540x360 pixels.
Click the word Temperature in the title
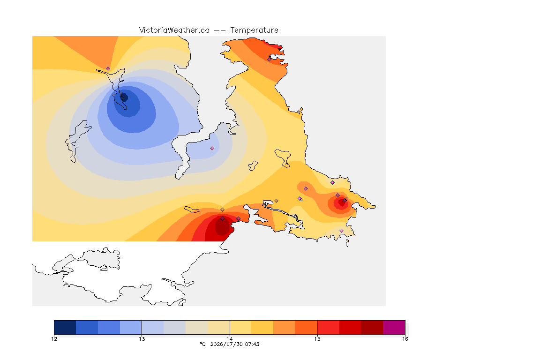pos(254,30)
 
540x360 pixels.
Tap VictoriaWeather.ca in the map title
pos(174,30)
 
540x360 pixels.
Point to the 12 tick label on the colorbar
pos(54,339)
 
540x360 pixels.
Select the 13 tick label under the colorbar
pos(142,339)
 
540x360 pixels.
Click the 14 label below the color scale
pos(230,339)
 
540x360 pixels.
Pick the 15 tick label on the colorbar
pos(317,339)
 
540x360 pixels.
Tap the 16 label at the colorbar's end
pos(405,339)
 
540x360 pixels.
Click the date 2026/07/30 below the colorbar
pos(226,344)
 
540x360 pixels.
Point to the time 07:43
pos(252,344)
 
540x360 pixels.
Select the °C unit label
pos(203,344)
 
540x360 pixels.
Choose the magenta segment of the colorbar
pos(394,327)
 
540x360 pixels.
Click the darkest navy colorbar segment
pos(65,327)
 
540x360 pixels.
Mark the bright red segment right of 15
pos(328,327)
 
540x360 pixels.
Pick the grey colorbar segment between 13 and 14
pos(174,327)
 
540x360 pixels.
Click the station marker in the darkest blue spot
pos(122,94)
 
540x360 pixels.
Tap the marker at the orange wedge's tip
pos(108,68)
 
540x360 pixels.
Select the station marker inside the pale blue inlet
pos(212,148)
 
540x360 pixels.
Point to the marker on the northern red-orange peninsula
pos(269,59)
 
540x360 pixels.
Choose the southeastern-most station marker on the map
pos(341,231)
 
